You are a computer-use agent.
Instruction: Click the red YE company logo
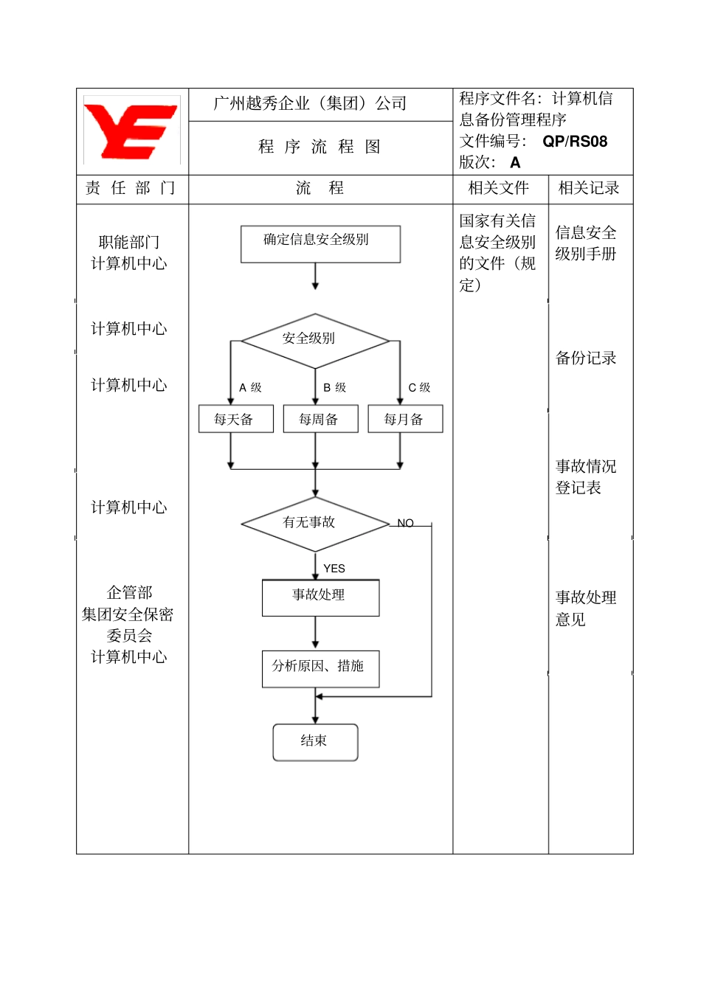131,131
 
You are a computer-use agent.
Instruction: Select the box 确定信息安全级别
320,243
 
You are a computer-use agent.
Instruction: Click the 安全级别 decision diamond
315,340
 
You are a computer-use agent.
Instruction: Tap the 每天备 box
235,419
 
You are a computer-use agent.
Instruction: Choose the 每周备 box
320,419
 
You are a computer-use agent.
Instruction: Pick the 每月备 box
405,419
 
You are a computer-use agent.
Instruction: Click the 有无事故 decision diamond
315,524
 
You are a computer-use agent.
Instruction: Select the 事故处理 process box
320,597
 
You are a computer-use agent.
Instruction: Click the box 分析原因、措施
320,668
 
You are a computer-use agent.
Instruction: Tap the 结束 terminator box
315,742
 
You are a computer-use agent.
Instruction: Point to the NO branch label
405,523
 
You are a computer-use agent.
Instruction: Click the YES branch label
334,569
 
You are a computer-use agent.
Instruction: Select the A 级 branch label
250,387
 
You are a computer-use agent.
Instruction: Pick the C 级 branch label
419,387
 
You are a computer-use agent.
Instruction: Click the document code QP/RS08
575,142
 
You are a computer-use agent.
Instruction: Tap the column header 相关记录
588,188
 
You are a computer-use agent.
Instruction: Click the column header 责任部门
131,188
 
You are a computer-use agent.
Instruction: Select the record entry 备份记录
585,358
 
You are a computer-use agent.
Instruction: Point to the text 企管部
129,592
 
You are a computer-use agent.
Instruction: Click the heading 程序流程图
320,147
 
